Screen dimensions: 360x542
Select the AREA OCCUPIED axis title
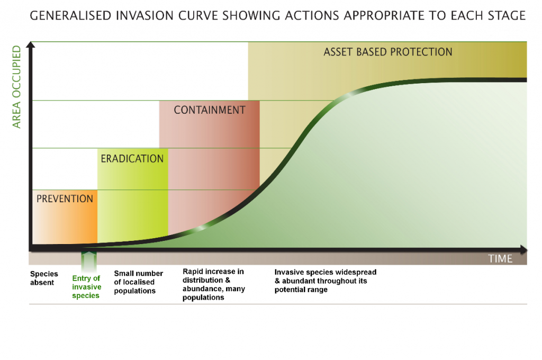tap(16, 87)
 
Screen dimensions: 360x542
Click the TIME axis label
tap(500, 258)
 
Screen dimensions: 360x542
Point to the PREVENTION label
tap(65, 199)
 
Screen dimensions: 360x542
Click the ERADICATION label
tap(132, 158)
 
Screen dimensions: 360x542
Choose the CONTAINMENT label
tap(210, 110)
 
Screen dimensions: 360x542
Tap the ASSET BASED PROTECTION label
tap(387, 52)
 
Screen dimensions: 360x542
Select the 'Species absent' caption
tap(42, 278)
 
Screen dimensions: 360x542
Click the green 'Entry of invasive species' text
tap(86, 287)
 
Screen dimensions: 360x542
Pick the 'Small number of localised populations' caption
tap(138, 282)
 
